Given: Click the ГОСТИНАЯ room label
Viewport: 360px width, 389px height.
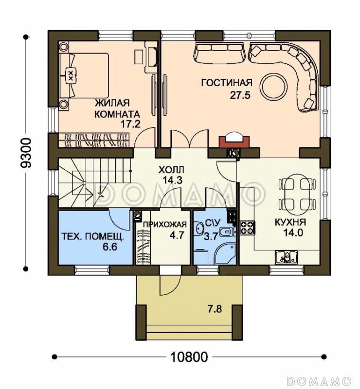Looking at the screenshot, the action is tap(227, 83).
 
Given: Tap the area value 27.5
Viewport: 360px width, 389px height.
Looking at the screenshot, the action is tap(240, 95).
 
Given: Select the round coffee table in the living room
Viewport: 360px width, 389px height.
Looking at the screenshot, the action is tap(273, 86).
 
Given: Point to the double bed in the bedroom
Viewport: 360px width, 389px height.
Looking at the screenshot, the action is tap(84, 75).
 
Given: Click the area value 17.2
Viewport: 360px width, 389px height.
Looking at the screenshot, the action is tap(130, 124).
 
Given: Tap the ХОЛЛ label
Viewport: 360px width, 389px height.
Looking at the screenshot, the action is tap(171, 170).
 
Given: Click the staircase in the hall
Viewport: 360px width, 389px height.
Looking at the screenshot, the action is tap(94, 183).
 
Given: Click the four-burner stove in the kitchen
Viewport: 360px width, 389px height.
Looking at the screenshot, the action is tap(248, 228).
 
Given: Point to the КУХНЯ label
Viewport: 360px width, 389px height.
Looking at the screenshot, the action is tap(290, 222).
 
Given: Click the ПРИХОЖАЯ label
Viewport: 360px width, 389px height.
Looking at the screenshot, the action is tap(165, 225).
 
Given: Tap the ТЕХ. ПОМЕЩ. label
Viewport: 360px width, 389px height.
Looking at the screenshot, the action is tap(92, 237).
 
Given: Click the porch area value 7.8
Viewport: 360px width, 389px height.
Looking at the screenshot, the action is tap(214, 309).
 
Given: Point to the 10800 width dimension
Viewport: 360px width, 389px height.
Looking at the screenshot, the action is tap(189, 357).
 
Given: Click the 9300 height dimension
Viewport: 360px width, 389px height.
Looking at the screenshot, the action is tap(26, 153).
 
